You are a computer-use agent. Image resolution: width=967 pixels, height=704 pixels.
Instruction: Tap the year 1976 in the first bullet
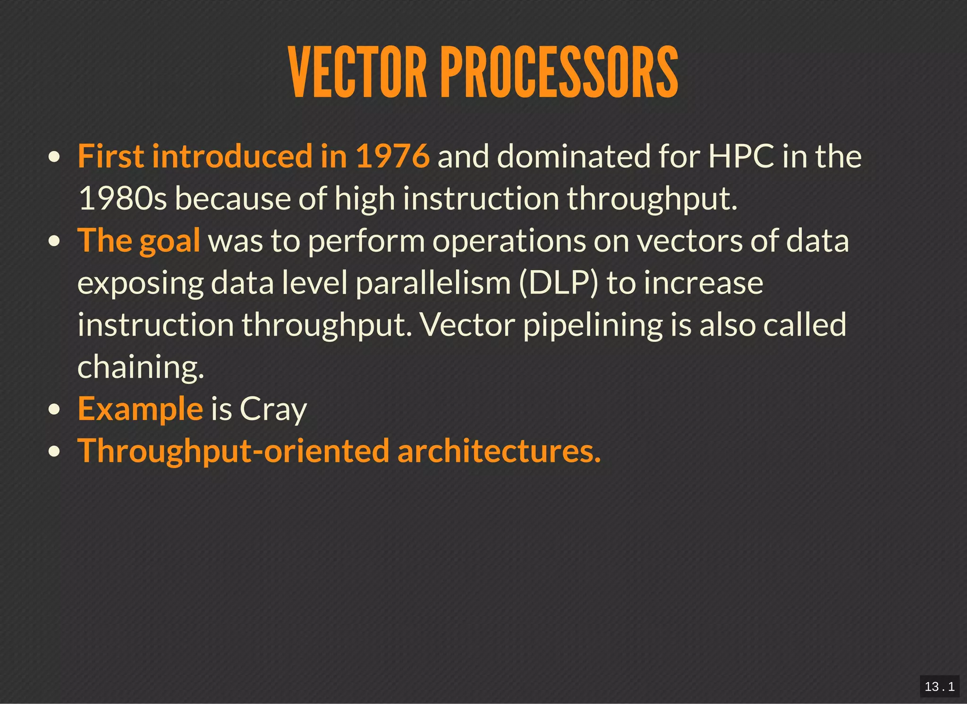[x=392, y=156]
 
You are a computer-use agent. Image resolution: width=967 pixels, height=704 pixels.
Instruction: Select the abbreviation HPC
[x=741, y=156]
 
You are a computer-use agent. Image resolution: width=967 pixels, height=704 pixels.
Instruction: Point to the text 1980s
[x=122, y=198]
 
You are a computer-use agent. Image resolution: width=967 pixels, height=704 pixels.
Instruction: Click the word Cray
[x=273, y=409]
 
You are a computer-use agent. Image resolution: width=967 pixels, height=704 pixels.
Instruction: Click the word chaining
[x=141, y=367]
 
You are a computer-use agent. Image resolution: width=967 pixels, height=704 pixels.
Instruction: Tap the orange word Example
[x=140, y=409]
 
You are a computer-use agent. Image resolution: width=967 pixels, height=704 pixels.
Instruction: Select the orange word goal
[x=170, y=241]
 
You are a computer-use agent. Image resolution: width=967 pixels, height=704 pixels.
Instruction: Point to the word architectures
[x=499, y=451]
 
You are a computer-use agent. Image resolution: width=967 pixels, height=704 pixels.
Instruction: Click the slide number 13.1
[x=939, y=687]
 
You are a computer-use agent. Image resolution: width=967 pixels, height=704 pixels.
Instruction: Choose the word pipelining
[x=593, y=326]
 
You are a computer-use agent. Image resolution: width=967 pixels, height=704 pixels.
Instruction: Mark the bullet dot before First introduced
[x=55, y=157]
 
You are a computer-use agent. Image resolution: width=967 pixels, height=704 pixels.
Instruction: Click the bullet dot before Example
[x=55, y=410]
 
